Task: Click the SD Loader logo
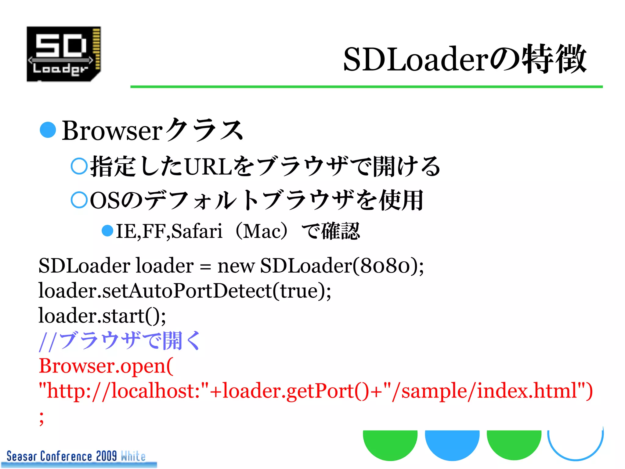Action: click(x=64, y=54)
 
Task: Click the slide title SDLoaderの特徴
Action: click(x=464, y=59)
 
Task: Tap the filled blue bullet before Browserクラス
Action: click(x=48, y=130)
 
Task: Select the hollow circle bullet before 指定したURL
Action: click(x=79, y=166)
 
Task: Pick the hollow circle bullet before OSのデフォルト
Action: click(x=79, y=200)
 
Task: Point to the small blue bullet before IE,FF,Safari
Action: click(x=107, y=231)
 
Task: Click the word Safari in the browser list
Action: click(x=197, y=231)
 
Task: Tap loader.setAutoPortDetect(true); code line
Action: click(x=185, y=290)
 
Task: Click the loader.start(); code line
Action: click(x=102, y=315)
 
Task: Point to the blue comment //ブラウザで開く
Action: click(x=120, y=340)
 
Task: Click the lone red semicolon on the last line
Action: click(x=42, y=418)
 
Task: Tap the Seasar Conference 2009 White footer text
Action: click(x=76, y=456)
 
